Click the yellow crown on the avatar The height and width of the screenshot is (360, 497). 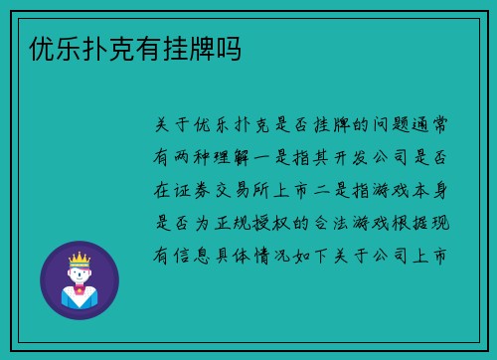click(x=79, y=259)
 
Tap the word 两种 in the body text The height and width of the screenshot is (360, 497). click(x=189, y=156)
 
